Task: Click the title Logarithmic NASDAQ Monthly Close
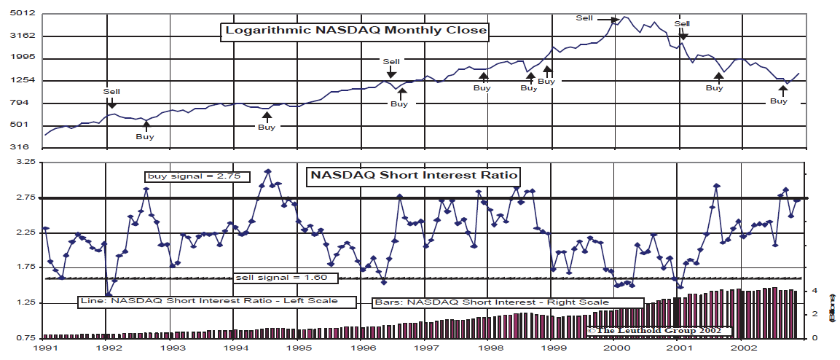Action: coord(355,31)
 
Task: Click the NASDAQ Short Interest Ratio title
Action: coord(415,175)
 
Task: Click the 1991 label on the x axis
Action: coord(44,350)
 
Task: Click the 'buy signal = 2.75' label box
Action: coord(195,176)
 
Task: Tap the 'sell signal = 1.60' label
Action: coord(286,278)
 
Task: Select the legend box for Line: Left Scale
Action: coord(208,301)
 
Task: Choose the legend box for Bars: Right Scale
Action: coord(508,302)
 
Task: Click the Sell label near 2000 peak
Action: coord(584,17)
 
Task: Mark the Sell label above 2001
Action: coord(682,24)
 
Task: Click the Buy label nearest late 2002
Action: coord(779,101)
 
